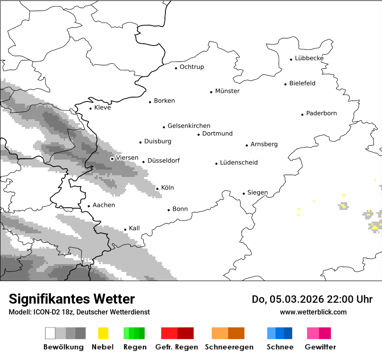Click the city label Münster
[227, 91]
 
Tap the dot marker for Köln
[157, 189]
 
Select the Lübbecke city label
[309, 58]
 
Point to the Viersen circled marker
[112, 159]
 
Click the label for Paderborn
[321, 113]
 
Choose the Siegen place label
[257, 193]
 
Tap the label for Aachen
[104, 205]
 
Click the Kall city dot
[125, 229]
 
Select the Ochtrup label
[191, 67]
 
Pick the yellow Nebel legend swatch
[103, 333]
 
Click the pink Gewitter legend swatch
[313, 333]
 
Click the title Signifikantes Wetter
[72, 299]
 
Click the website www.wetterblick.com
[313, 312]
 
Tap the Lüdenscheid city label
[239, 163]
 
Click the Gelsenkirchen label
[189, 126]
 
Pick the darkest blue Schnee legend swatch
[288, 333]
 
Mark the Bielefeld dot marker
[286, 84]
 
